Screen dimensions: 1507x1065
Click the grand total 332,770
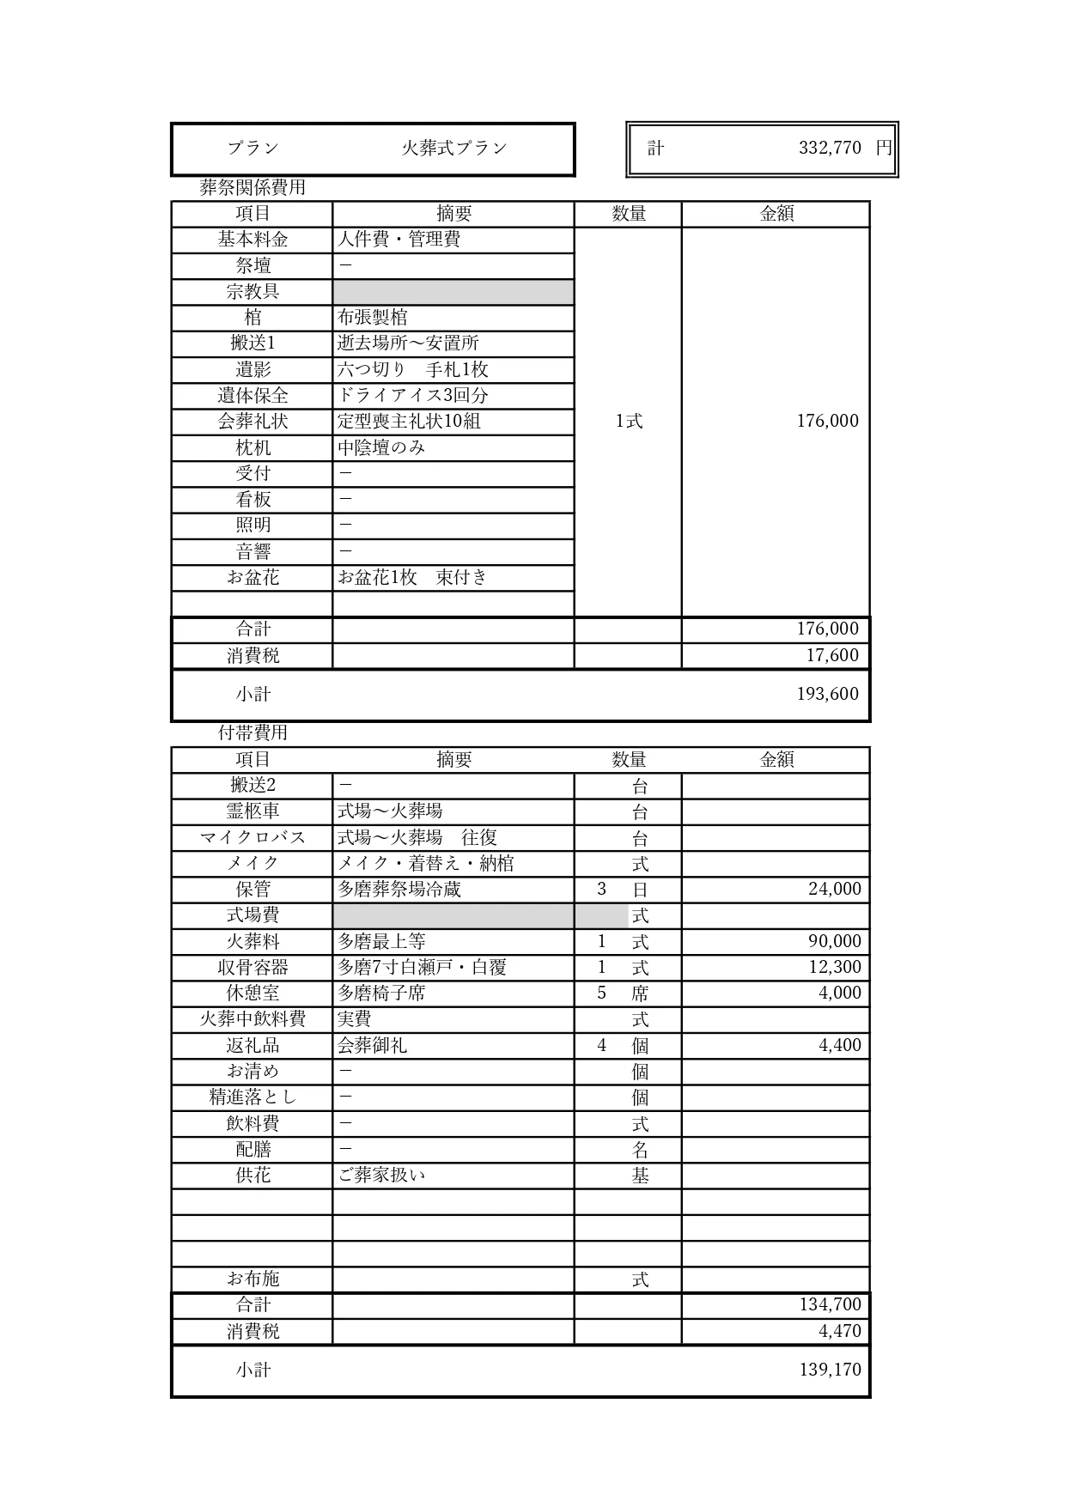829,148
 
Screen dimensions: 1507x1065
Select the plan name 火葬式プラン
454,148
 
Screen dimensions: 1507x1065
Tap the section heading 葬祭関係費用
253,187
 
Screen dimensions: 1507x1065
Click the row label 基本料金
253,240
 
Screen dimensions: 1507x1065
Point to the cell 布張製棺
372,318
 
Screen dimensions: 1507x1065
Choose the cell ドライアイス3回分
412,396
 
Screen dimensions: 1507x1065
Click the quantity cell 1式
628,421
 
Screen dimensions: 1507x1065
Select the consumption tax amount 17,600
831,655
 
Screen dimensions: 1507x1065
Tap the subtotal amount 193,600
827,694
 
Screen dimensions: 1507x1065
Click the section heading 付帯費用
253,732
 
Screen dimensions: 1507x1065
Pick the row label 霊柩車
253,811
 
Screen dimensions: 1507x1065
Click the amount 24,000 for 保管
834,890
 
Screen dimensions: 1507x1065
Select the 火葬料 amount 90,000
834,941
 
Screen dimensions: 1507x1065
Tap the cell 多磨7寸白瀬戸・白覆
422,968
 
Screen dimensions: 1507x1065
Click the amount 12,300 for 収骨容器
834,967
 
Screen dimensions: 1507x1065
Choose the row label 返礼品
253,1045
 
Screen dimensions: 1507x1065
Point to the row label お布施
253,1279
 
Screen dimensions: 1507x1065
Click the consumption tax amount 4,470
839,1331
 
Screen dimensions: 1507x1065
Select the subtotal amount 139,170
830,1370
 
